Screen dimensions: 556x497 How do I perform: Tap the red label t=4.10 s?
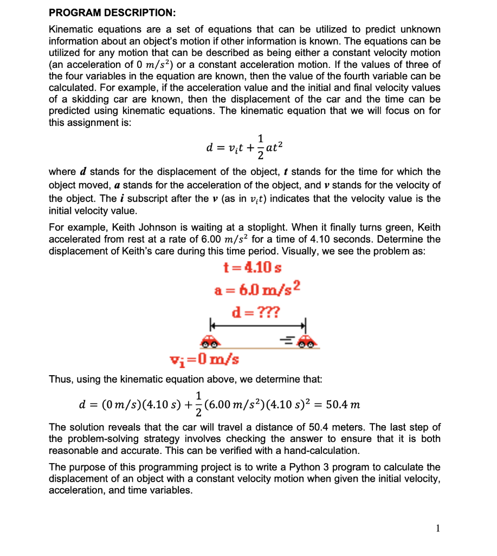(x=252, y=268)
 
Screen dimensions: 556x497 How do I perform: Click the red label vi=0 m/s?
(x=204, y=359)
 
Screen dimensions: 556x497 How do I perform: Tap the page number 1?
(x=439, y=527)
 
